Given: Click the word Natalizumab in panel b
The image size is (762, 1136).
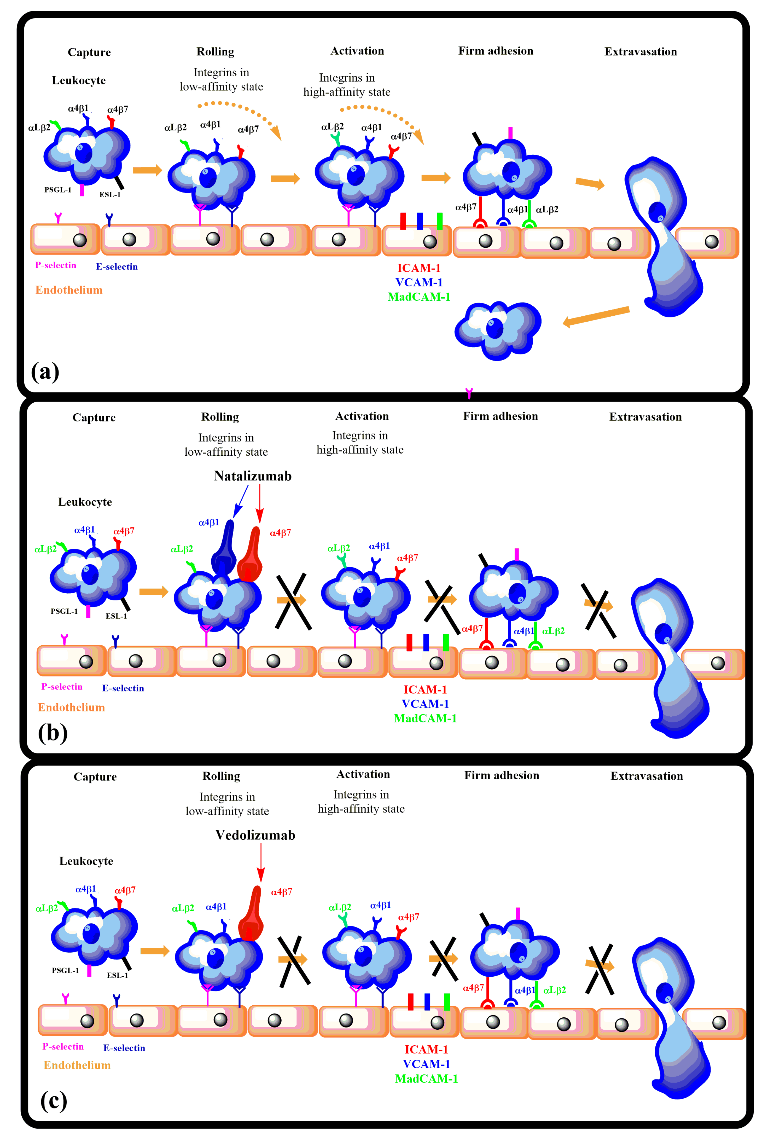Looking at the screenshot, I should click(253, 476).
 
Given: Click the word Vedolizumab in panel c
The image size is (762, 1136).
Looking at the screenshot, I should click(255, 835).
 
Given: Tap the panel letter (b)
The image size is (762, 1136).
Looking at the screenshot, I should click(53, 733).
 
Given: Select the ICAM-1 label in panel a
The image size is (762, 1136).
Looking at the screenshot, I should click(418, 268).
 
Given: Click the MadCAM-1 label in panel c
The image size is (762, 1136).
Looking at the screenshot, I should click(426, 1079).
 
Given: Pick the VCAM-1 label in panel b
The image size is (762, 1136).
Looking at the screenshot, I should click(425, 704).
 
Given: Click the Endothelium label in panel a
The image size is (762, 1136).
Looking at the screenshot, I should click(69, 290).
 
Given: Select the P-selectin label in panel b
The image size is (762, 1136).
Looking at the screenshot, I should click(62, 686).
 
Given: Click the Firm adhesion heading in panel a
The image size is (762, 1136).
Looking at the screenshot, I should click(496, 51).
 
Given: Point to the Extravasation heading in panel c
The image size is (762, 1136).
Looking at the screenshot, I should click(646, 776).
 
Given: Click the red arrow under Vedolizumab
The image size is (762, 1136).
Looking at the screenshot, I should click(261, 863).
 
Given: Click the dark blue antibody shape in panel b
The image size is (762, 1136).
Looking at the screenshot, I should click(224, 549).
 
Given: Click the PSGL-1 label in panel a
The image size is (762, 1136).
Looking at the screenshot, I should click(58, 190).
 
